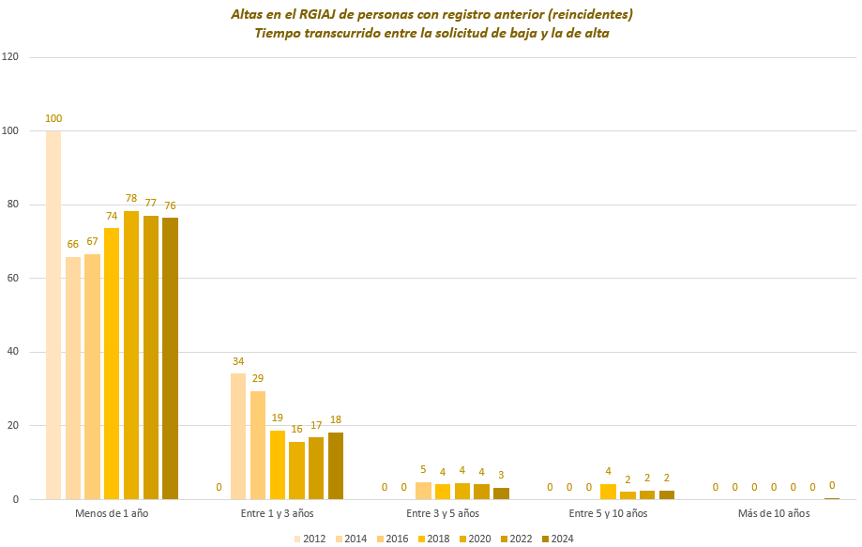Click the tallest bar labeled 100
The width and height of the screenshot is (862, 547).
pos(53,314)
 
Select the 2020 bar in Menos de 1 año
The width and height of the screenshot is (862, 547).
pos(131,355)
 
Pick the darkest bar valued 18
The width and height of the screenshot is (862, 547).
pos(336,465)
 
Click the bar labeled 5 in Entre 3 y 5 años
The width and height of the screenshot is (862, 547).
pos(423,491)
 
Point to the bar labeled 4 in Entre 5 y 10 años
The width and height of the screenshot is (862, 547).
pos(608,492)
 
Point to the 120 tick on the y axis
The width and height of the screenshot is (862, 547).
pos(11,57)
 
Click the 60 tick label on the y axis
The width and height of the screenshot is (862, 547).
pos(13,279)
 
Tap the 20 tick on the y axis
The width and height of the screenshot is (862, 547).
pos(13,426)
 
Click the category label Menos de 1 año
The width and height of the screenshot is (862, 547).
pos(112,514)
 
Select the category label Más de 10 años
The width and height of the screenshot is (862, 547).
pos(774,514)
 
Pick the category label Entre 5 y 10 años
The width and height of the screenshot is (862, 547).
pos(609,514)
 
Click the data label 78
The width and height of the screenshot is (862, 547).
pos(131,199)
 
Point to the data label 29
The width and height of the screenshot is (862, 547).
pos(258,379)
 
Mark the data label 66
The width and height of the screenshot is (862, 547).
pos(73,244)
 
